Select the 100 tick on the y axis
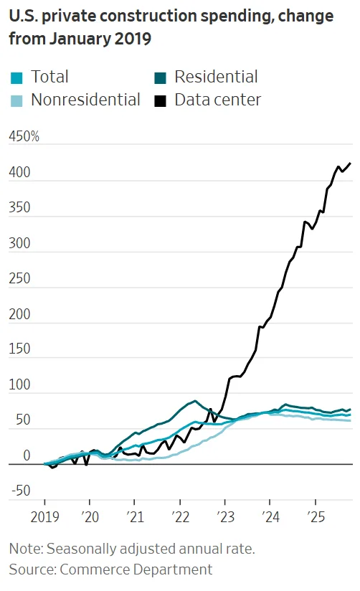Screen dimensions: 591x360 point(20,385)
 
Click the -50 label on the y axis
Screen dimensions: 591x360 point(20,491)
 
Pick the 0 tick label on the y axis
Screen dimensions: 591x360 point(27,455)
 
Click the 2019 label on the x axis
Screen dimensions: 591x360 point(44,516)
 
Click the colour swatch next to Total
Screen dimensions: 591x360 point(16,77)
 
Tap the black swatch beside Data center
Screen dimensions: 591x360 point(161,100)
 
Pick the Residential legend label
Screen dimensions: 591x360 point(216,77)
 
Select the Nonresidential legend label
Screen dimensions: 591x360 point(85,100)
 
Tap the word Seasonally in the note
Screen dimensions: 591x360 point(80,549)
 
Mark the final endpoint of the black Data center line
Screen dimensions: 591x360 point(351,164)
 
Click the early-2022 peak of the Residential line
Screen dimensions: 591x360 point(194,401)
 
